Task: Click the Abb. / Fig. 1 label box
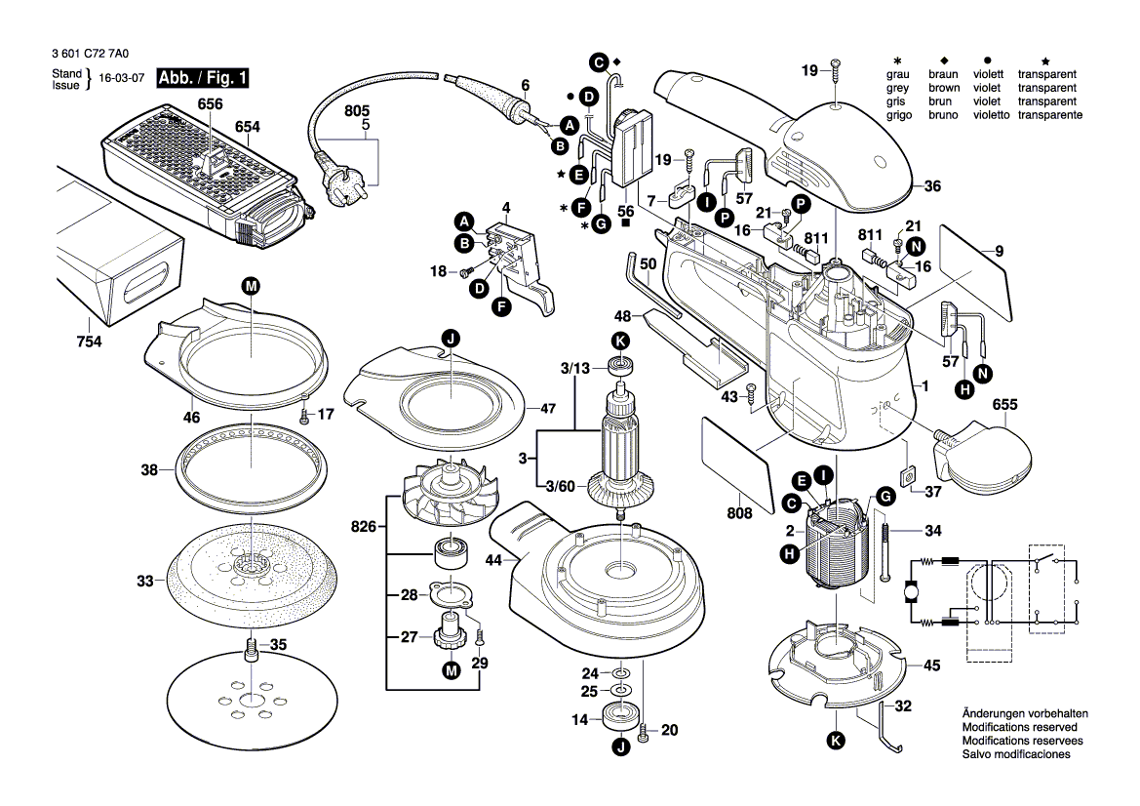click(x=190, y=77)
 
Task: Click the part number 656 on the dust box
click(x=210, y=104)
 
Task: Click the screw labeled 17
click(x=304, y=414)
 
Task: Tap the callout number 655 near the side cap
click(x=1005, y=405)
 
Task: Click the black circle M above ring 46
click(x=251, y=286)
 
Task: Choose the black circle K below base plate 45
click(x=835, y=742)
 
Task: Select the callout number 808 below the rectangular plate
click(x=739, y=513)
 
